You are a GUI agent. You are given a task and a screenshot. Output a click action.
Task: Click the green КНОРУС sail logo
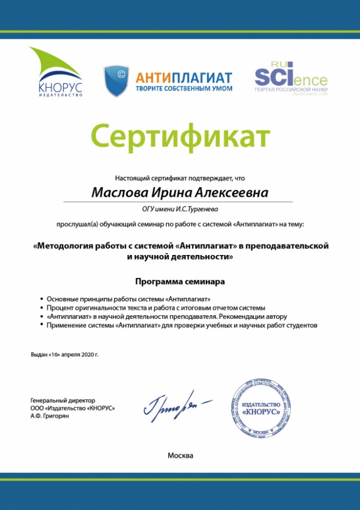pos(56,71)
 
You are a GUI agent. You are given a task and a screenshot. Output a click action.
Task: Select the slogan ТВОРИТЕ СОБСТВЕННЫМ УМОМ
pos(184,88)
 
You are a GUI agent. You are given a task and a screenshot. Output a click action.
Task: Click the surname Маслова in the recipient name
pos(118,193)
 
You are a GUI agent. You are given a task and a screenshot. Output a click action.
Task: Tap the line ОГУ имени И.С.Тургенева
pos(180,209)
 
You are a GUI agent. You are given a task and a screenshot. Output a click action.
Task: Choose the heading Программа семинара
pos(180,281)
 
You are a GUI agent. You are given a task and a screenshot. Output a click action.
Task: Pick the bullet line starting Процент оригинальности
pos(156,308)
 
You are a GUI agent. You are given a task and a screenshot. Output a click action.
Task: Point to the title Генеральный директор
pos(63,401)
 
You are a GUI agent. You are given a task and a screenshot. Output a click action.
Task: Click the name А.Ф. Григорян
pos(50,416)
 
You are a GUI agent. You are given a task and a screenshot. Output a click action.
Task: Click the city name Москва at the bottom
pos(180,455)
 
